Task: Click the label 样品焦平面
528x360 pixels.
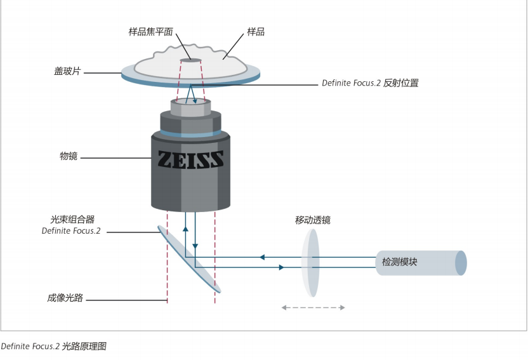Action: [x=150, y=32]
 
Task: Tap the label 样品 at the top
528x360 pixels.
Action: [x=255, y=32]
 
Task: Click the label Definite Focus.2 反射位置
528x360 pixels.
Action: [x=369, y=83]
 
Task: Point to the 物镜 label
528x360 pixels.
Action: [x=68, y=156]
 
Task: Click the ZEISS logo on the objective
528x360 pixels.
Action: [x=190, y=159]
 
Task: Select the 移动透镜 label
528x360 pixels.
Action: [x=312, y=220]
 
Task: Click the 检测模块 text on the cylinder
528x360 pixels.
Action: [x=399, y=262]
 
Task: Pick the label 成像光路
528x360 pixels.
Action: [x=65, y=298]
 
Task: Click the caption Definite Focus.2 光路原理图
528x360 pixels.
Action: [x=53, y=347]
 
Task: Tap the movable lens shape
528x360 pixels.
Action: [x=310, y=263]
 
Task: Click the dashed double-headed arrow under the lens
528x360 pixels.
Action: [x=313, y=308]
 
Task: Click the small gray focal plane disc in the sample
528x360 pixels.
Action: [x=190, y=61]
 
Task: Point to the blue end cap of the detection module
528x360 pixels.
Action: [x=461, y=263]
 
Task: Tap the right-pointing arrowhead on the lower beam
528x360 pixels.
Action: [x=280, y=268]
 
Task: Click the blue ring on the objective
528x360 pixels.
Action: [x=190, y=134]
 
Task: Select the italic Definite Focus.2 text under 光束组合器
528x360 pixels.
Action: [x=71, y=231]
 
